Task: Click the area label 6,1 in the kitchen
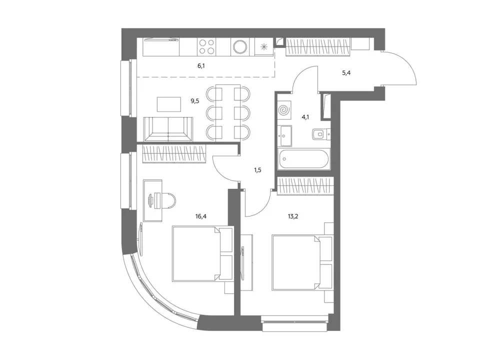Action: point(201,66)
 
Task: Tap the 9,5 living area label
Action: point(195,100)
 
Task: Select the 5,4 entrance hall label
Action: point(346,73)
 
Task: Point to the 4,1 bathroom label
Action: point(305,117)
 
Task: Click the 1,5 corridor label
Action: point(257,170)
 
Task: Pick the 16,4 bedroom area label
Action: point(201,216)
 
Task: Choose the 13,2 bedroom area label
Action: point(293,216)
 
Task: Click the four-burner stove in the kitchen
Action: point(206,47)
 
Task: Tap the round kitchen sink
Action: point(240,47)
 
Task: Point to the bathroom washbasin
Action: point(285,135)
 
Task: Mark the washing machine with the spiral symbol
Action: point(284,109)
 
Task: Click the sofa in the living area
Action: point(168,129)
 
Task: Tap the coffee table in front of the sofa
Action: point(169,104)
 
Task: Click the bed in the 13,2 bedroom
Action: point(302,262)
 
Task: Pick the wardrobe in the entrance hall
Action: point(318,47)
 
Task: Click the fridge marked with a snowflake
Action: point(264,47)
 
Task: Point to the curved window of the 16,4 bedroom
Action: point(159,291)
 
